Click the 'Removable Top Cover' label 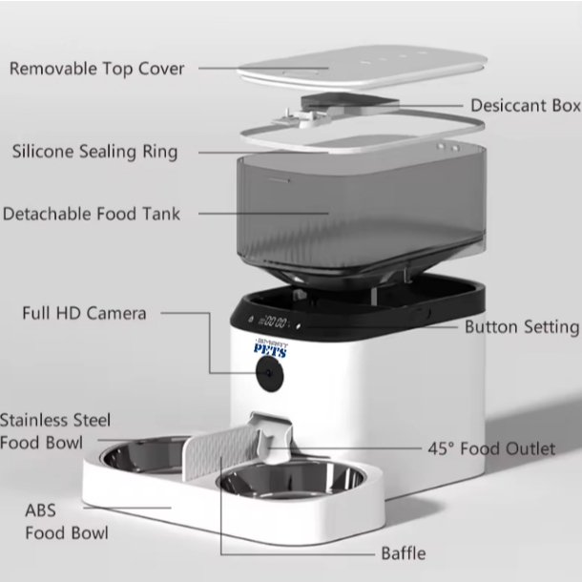[x=97, y=69]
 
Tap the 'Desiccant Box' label [x=526, y=106]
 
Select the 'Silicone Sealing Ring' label [x=95, y=153]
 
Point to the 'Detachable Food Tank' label [x=92, y=214]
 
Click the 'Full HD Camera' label [x=84, y=313]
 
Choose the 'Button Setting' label [x=522, y=328]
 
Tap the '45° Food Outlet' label [x=491, y=448]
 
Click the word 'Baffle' [x=404, y=553]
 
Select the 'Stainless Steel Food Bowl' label [x=55, y=431]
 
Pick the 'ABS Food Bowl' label [x=67, y=522]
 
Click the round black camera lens [x=269, y=374]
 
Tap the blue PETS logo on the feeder [x=271, y=348]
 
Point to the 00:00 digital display [x=274, y=322]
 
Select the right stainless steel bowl [x=291, y=481]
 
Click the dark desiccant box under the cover [x=349, y=102]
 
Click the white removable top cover [x=363, y=68]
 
